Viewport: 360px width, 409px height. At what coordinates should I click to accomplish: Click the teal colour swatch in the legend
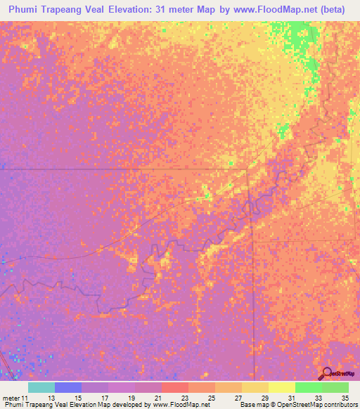41,387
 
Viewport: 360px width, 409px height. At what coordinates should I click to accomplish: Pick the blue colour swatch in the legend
68,387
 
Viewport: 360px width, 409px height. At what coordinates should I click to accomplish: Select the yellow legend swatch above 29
255,387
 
